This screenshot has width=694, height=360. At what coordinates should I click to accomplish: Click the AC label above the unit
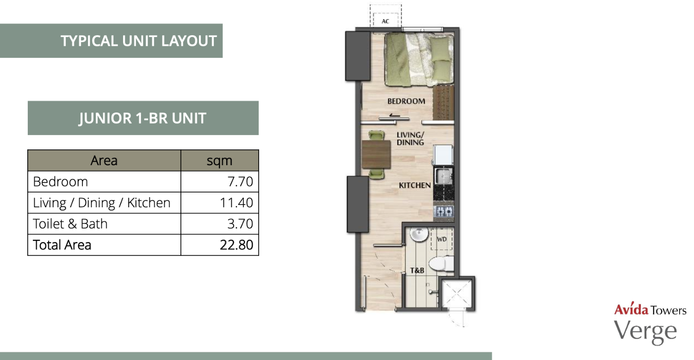coord(385,21)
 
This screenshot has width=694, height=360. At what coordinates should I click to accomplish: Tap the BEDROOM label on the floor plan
coord(406,101)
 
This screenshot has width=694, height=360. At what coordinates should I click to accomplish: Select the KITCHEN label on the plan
coord(415,185)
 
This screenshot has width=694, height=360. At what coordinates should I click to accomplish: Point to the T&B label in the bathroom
coord(417,271)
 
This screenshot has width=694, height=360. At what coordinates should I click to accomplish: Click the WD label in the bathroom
coord(442,239)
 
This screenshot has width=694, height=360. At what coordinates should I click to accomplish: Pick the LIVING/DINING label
coord(410,138)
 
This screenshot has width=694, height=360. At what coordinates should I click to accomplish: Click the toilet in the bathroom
coord(441,264)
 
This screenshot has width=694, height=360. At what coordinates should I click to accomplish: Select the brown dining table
coord(376,154)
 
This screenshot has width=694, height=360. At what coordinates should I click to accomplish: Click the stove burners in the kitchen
coord(444,211)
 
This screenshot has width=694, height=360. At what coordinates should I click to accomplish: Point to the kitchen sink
coord(444,176)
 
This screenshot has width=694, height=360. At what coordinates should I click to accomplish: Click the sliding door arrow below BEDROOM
coord(394,116)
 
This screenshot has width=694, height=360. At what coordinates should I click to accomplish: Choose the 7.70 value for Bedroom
coord(240,181)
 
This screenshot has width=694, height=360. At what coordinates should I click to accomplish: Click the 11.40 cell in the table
coord(236,203)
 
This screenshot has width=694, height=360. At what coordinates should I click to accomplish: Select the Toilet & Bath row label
coord(70,223)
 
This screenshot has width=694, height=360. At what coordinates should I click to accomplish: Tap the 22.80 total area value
coord(236,245)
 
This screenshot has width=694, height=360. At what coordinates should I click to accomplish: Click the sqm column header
coord(219,161)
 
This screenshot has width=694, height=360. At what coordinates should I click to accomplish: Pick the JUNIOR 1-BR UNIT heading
coord(143,118)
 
